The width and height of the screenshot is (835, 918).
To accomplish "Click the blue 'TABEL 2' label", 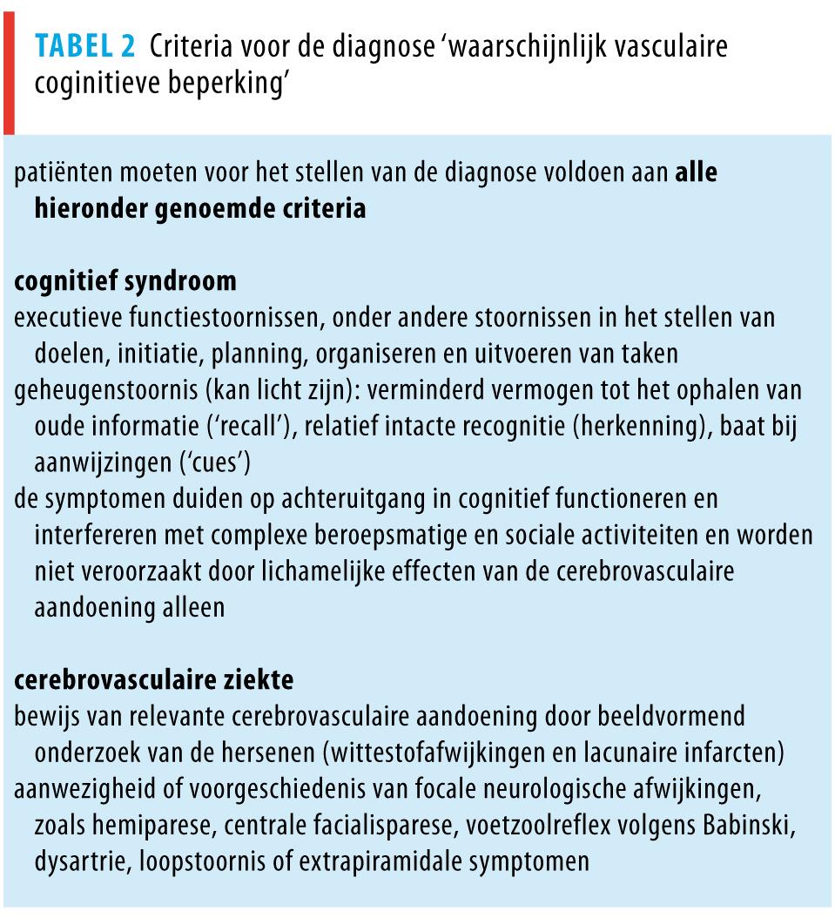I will coord(85,46).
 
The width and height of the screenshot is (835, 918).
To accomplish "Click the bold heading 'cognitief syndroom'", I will coord(125,281).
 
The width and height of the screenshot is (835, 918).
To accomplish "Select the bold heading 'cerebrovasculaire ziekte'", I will coord(154,679).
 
